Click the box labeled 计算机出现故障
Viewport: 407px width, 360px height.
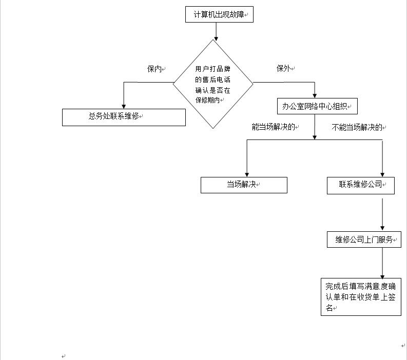tap(219, 14)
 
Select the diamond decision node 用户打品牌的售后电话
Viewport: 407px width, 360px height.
tap(213, 84)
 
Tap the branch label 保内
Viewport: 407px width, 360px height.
tap(154, 69)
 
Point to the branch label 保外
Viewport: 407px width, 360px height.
tap(284, 68)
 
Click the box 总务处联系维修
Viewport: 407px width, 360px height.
tap(124, 117)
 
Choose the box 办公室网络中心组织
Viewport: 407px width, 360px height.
tap(317, 106)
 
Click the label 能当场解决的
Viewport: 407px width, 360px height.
tap(274, 127)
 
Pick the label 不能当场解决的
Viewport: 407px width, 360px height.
tap(357, 127)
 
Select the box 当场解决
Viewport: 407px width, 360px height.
tap(244, 185)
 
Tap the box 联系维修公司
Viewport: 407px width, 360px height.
tap(360, 186)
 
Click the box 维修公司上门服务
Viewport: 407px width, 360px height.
tap(364, 239)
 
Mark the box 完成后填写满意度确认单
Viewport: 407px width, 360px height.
tap(361, 297)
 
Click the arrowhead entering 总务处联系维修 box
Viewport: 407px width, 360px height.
tap(124, 107)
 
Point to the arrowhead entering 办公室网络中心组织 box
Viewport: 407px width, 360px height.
tap(315, 96)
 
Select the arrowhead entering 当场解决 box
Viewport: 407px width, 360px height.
tap(247, 175)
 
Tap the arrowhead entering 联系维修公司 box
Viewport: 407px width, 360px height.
tap(382, 175)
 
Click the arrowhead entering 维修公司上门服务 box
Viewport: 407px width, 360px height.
tap(382, 228)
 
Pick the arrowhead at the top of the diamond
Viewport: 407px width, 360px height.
tap(216, 39)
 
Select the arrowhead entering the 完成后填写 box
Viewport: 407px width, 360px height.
tap(382, 277)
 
